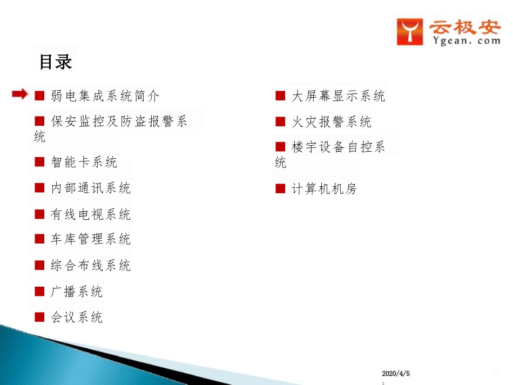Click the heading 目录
pos(55,61)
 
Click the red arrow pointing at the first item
pos(20,95)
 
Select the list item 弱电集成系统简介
pos(105,96)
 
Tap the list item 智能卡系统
pos(84,162)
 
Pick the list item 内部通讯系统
pos(91,188)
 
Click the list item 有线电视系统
pos(91,214)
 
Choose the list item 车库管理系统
pos(91,239)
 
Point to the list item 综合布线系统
pos(91,266)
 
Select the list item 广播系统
pos(77,292)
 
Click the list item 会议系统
pos(77,318)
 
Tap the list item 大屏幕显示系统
pos(338,96)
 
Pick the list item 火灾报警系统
pos(332,122)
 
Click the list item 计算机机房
pos(324,189)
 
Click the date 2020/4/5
pos(396,374)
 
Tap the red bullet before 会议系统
pos(39,317)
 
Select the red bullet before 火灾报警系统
pos(280,121)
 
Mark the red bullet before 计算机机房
pos(280,188)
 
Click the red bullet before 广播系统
pos(39,292)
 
